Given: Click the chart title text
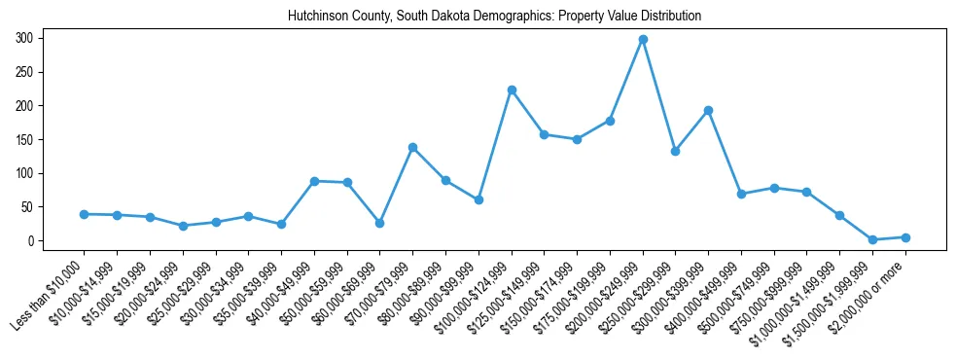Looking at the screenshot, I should coord(494,17).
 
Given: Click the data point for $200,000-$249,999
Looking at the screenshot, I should coord(643,40).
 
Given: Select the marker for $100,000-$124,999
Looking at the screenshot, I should coord(512,90).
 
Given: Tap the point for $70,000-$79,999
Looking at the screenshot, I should coord(412,147).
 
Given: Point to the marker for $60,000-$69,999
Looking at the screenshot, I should coord(379,223).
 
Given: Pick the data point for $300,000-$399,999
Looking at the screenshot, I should coord(708,110).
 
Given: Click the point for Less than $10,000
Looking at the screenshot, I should coord(85,214).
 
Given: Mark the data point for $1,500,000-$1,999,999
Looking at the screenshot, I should coord(872,239).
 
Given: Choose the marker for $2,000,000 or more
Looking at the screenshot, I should coord(905,237).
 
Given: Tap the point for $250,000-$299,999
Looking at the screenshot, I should coord(675,151).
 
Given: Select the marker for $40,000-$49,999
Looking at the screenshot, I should coord(314,181).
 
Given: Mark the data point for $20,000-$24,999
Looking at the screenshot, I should coord(183,226).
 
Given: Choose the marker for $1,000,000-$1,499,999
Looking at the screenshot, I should coord(839,215).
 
